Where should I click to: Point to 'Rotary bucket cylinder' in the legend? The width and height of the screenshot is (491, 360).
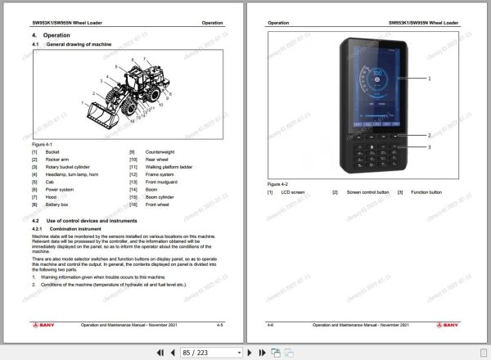click(65, 167)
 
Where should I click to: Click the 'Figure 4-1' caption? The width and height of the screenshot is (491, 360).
click(42, 144)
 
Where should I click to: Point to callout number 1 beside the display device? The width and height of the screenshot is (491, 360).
click(429, 78)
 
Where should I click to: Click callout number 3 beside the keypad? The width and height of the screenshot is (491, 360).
click(429, 146)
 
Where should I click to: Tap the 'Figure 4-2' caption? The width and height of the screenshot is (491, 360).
click(277, 185)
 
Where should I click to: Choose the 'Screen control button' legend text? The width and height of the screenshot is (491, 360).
click(366, 192)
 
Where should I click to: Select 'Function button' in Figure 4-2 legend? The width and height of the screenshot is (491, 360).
click(426, 192)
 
